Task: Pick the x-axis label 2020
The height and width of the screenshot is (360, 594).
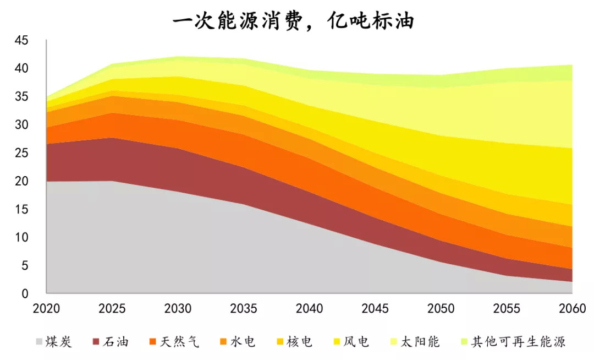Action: (x=47, y=308)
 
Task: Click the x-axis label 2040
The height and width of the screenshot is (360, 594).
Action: (x=310, y=308)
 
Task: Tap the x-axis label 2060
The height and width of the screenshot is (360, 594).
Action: (x=573, y=308)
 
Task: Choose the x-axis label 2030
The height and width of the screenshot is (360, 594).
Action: (x=178, y=308)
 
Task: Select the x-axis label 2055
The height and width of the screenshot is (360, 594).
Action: (x=507, y=308)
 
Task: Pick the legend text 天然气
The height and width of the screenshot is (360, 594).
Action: (x=180, y=342)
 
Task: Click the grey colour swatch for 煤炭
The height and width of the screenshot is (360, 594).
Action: (x=39, y=342)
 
